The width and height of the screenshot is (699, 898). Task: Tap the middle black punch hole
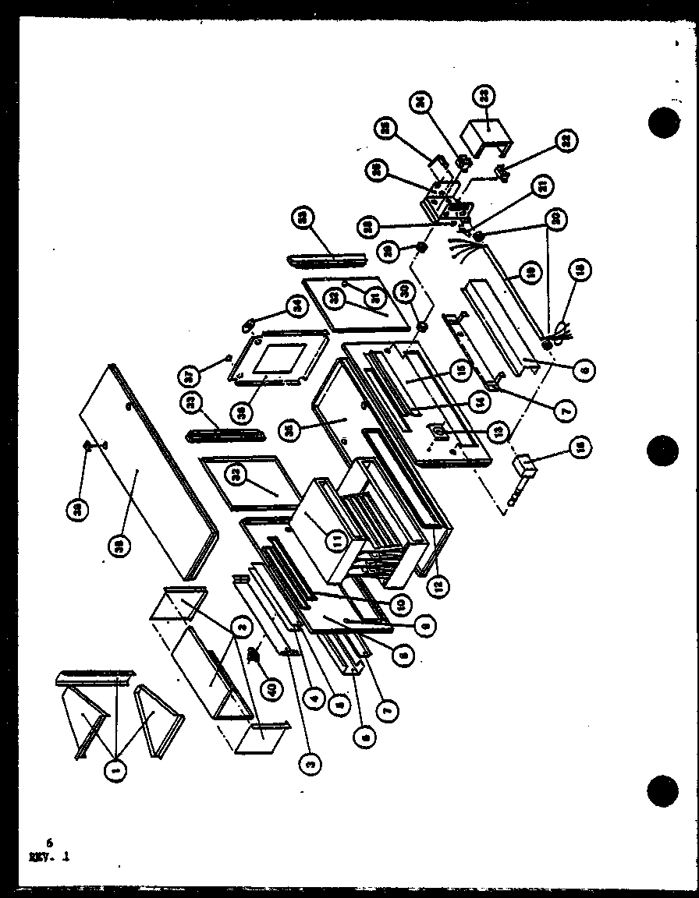[x=663, y=451]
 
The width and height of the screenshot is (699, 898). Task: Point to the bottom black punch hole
[x=663, y=791]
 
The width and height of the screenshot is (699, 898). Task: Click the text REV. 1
[x=49, y=856]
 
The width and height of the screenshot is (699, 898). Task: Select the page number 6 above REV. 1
[x=48, y=843]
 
